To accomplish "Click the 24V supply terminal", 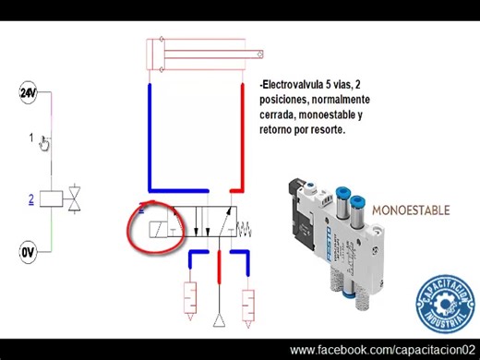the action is click(27, 92).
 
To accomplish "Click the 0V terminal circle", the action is click(27, 251).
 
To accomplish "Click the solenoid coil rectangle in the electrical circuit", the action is click(53, 198).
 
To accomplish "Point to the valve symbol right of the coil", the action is click(77, 198).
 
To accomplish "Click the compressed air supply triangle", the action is click(219, 320).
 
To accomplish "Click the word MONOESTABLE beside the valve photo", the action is click(411, 210).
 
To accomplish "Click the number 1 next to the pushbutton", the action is click(31, 138).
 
